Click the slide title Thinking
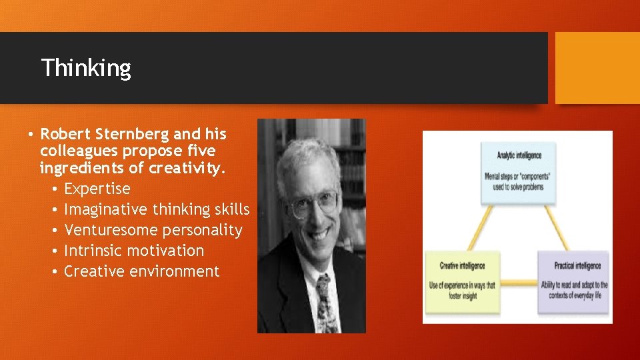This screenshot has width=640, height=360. tap(86, 67)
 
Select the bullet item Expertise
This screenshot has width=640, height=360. tap(97, 189)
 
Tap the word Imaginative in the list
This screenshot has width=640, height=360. tap(105, 209)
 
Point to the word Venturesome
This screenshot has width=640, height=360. tap(106, 230)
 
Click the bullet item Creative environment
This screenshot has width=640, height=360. tap(141, 271)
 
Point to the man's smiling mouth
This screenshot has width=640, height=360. tap(319, 234)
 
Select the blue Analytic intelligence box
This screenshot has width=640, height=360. tap(518, 171)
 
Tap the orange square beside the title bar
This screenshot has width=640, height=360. tap(597, 68)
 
